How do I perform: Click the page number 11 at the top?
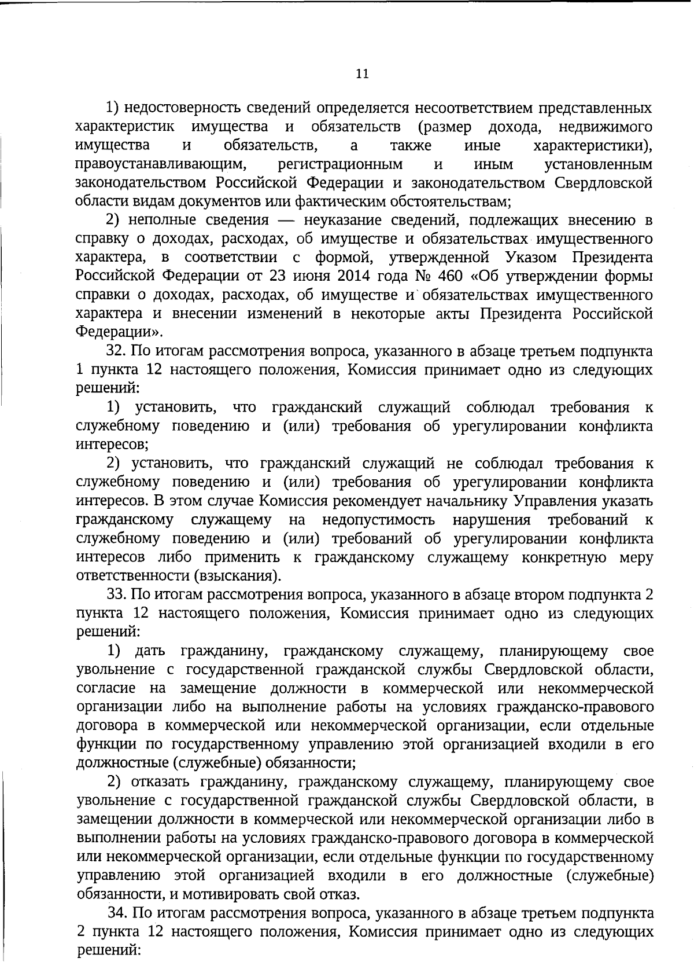coord(362,74)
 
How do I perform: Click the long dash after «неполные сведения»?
coord(286,221)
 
